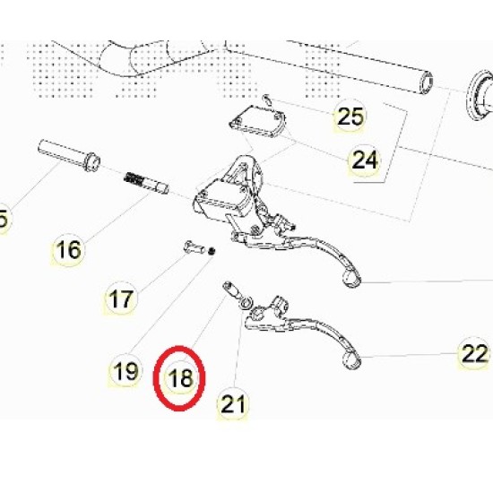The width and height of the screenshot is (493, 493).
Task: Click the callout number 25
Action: point(350,116)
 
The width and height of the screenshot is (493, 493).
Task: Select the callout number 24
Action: point(365,160)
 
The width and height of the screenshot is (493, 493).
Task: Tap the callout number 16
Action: point(68,250)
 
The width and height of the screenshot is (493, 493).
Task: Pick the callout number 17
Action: point(121,298)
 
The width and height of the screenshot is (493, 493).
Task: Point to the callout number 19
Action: point(125,371)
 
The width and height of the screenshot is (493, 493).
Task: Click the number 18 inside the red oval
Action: point(180,377)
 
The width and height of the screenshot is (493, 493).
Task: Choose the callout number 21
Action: point(233,404)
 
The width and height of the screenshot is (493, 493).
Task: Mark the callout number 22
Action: point(474,353)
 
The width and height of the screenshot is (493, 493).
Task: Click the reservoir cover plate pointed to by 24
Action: point(258,121)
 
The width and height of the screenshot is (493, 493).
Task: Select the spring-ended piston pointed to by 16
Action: point(146,183)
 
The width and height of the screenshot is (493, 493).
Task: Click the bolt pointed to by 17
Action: point(194,247)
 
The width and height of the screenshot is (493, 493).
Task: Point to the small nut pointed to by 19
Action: point(212,251)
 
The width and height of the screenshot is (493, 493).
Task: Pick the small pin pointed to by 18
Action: point(232,290)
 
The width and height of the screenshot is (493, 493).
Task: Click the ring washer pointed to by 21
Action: point(246,303)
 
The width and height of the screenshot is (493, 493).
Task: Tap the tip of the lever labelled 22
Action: point(352,360)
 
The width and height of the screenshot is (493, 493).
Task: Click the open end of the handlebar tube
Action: point(426,82)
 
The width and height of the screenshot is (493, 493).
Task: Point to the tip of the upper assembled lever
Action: point(353,279)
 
